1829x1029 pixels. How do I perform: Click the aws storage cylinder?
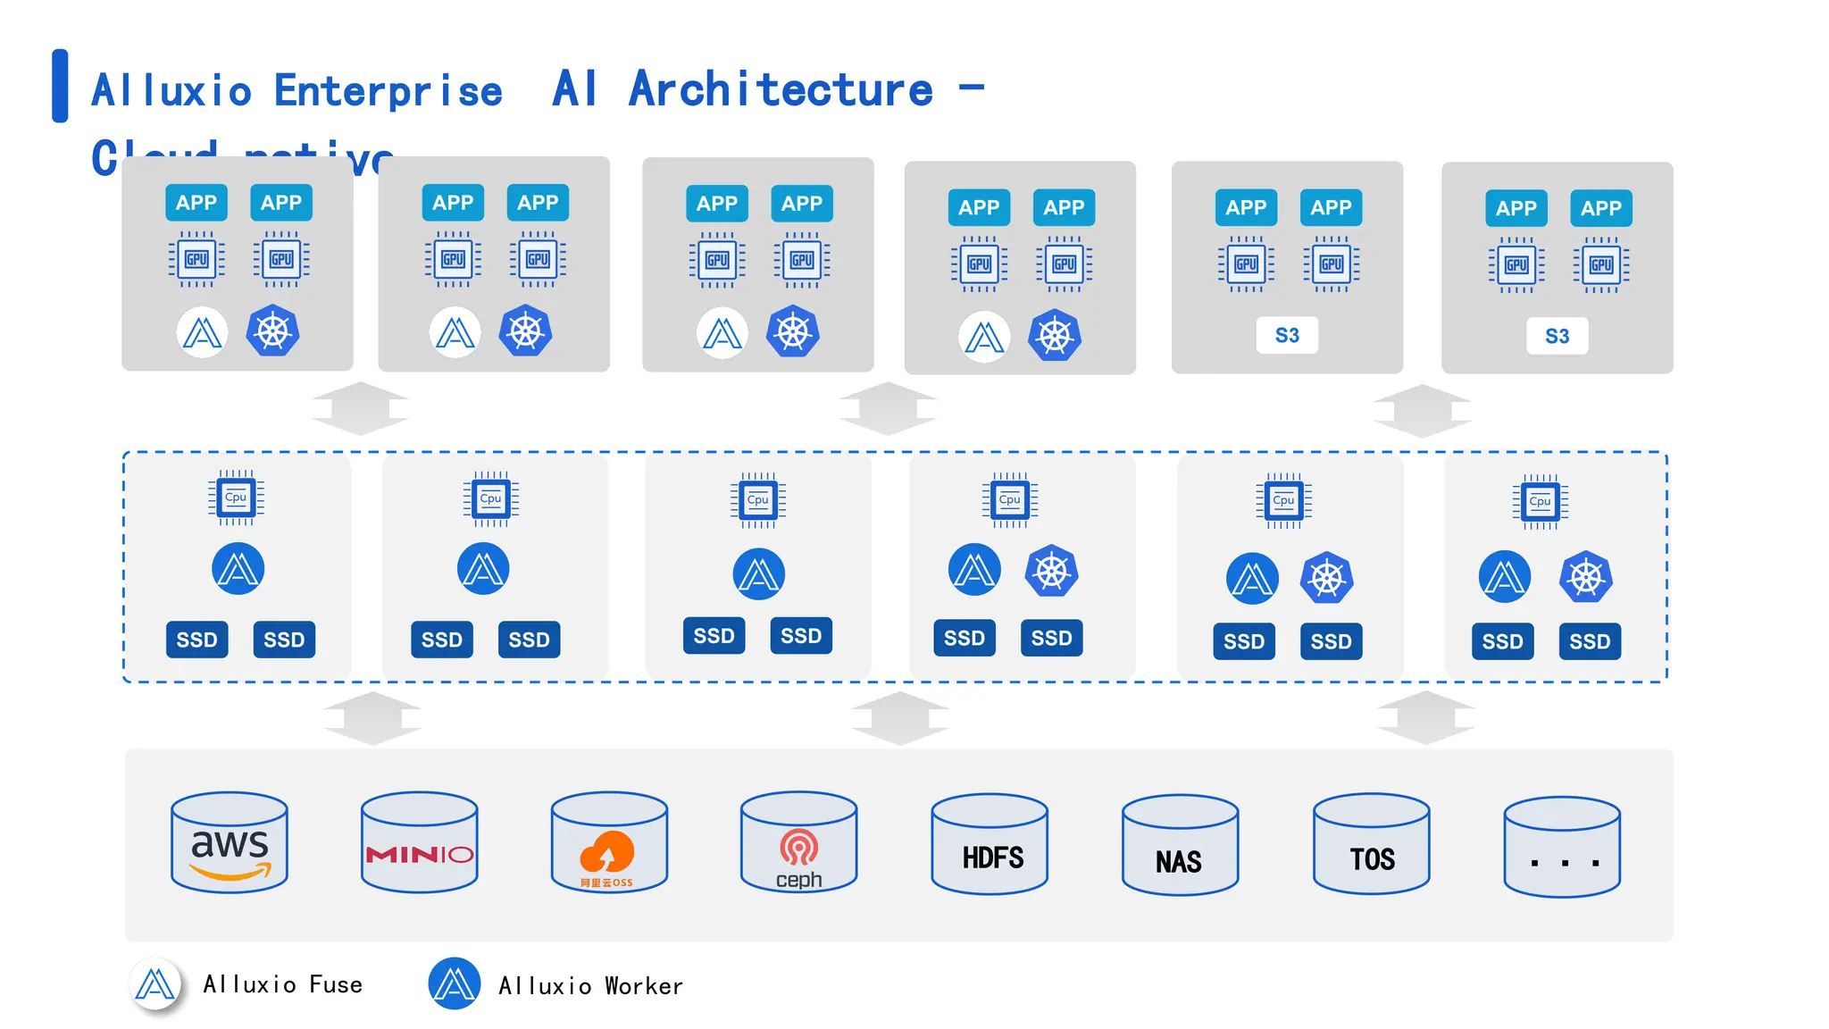230,842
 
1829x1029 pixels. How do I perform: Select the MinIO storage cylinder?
419,842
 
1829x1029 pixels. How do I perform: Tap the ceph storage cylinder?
798,842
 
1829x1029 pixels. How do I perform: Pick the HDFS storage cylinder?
990,844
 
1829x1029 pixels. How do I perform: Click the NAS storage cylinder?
1180,846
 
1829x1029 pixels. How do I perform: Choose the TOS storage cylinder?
1371,844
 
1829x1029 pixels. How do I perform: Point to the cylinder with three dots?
1562,848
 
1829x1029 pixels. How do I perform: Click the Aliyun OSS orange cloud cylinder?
609,842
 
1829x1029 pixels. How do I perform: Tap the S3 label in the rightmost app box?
1557,337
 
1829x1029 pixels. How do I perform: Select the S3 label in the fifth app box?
1287,336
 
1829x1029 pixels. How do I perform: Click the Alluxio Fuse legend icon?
155,984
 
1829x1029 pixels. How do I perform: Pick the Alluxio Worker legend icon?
455,984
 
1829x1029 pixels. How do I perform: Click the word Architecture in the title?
781,89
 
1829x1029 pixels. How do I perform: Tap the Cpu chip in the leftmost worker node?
236,498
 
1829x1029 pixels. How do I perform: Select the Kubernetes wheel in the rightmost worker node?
1586,577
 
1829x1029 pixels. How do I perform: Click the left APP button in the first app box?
196,203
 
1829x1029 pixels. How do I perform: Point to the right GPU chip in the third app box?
802,260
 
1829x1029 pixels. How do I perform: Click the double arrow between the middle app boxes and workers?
888,409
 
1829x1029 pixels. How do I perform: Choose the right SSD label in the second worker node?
529,640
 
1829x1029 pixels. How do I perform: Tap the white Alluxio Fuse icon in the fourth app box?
984,337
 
